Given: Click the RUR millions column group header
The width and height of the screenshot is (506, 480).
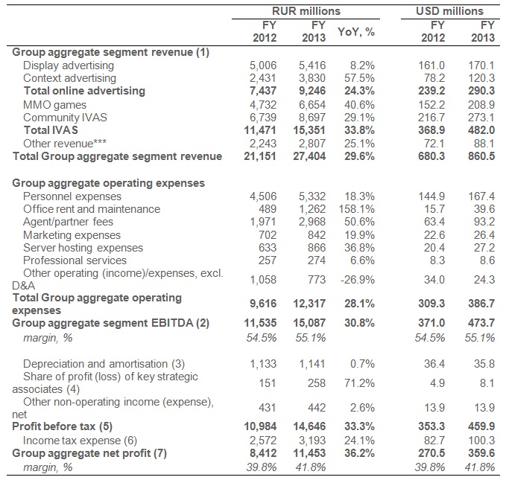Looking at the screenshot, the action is pyautogui.click(x=306, y=11).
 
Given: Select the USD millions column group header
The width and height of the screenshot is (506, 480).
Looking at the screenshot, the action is pyautogui.click(x=449, y=11).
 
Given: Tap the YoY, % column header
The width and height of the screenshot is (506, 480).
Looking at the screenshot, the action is pyautogui.click(x=356, y=32).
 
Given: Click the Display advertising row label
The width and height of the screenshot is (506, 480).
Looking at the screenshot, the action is pyautogui.click(x=69, y=65).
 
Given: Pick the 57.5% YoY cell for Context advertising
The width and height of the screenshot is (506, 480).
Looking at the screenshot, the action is pyautogui.click(x=359, y=78).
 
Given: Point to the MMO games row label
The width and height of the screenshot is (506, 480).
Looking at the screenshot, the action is pyautogui.click(x=55, y=105).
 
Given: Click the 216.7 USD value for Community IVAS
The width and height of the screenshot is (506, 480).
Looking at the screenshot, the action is pyautogui.click(x=431, y=118).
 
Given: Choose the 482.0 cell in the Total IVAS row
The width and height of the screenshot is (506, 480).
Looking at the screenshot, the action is pyautogui.click(x=481, y=130).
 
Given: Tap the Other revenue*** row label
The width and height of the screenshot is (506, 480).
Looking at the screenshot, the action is pyautogui.click(x=65, y=143).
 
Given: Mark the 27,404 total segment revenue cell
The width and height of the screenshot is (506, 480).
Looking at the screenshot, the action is pyautogui.click(x=309, y=156).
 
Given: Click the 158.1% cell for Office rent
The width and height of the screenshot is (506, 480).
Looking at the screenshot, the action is pyautogui.click(x=357, y=209).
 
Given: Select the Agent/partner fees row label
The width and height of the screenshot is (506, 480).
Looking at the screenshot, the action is pyautogui.click(x=68, y=222).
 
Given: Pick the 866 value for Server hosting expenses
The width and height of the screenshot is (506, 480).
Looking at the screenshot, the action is pyautogui.click(x=317, y=248).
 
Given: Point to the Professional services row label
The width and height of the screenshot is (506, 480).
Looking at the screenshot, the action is pyautogui.click(x=75, y=260).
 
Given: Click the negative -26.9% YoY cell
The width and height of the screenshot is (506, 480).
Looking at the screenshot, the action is pyautogui.click(x=358, y=280).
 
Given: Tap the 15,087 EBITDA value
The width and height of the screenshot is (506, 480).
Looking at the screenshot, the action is pyautogui.click(x=309, y=323).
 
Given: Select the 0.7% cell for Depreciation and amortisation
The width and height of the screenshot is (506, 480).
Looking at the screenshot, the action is pyautogui.click(x=362, y=364).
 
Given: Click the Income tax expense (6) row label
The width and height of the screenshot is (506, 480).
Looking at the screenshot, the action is pyautogui.click(x=80, y=441).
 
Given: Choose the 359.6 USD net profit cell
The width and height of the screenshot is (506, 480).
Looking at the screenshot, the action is pyautogui.click(x=481, y=453).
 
